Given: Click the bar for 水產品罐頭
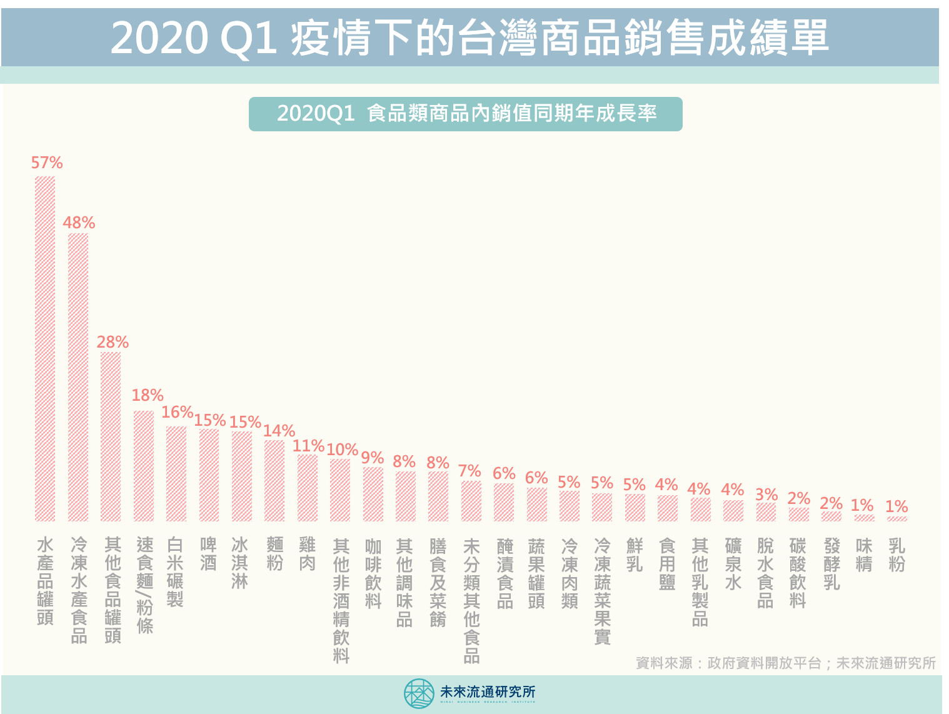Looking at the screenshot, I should [x=45, y=349].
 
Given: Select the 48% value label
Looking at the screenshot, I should [x=79, y=223].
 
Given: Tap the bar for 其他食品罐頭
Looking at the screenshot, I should [x=111, y=436].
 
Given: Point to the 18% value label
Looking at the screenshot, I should [x=148, y=395].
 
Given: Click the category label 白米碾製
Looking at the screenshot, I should [x=176, y=572].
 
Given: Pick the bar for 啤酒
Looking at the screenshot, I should [x=209, y=475].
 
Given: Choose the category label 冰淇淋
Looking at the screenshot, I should [x=241, y=563].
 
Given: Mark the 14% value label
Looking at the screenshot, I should [x=279, y=431].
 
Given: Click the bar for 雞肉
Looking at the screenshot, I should [x=307, y=488].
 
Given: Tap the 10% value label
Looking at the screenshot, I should [x=342, y=450].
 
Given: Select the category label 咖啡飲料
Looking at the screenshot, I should [x=373, y=573].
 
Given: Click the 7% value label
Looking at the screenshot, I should [x=469, y=471].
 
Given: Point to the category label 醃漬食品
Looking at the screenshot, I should [x=505, y=573].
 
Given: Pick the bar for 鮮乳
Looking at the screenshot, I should [x=635, y=507].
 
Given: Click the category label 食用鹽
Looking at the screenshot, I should [x=667, y=564].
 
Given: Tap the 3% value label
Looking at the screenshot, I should [x=766, y=495].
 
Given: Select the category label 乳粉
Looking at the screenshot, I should [x=896, y=555].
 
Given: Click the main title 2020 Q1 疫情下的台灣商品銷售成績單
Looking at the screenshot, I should [x=469, y=38].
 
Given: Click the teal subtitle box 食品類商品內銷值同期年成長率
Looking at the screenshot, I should [x=466, y=114].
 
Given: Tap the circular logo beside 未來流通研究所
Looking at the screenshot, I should [x=418, y=693].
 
